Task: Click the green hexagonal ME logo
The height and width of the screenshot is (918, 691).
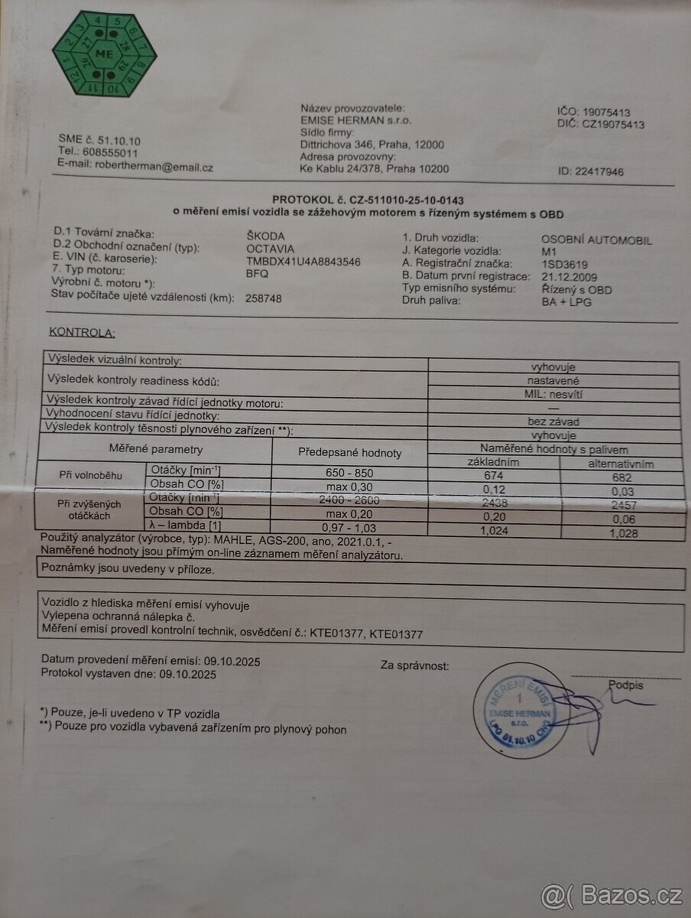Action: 105,54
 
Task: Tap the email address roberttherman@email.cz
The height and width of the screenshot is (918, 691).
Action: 152,167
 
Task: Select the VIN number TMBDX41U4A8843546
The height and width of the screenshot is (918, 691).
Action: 303,261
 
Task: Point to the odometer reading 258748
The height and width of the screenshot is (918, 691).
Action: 264,298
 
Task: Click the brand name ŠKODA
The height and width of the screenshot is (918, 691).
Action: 264,236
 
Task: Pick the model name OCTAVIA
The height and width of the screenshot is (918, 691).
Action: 270,249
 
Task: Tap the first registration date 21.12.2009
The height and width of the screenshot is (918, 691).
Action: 569,276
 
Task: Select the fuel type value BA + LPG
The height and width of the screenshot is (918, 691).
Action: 566,301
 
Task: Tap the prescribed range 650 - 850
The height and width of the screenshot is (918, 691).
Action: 349,474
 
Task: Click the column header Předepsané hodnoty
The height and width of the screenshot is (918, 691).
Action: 349,452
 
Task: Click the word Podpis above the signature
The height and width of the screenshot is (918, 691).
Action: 626,685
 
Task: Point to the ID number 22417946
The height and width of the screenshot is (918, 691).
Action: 591,171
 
